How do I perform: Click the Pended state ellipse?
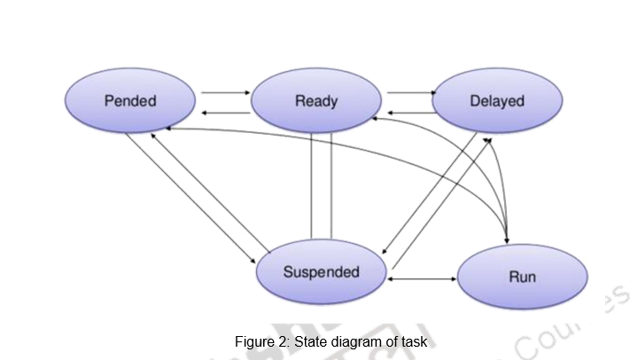pos(130,100)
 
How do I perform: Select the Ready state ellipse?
pos(315,100)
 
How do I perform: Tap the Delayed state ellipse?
pos(496,100)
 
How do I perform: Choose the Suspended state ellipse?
pos(321,271)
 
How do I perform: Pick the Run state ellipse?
pos(522,277)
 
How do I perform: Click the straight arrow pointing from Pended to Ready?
pos(225,91)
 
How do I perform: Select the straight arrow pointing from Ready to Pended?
pos(225,113)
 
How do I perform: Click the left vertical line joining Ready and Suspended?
pos(311,186)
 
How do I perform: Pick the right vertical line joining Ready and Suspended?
pos(331,186)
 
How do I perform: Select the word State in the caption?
pos(310,341)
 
